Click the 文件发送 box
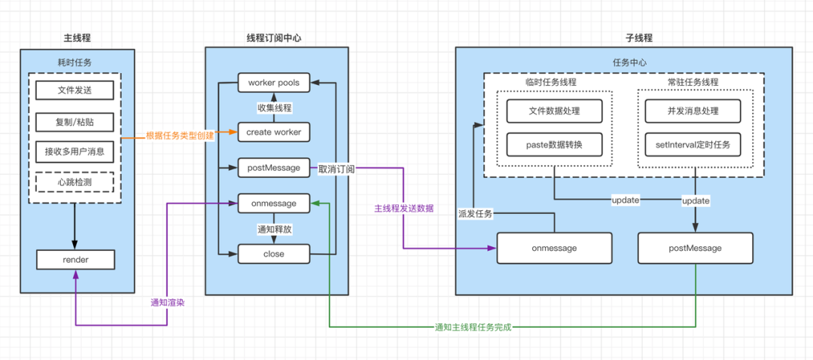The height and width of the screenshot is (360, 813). (x=75, y=91)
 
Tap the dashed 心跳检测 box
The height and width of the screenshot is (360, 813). (x=75, y=183)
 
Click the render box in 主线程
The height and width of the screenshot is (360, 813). (x=75, y=260)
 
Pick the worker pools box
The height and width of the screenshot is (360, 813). (x=273, y=81)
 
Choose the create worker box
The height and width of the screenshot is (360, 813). (x=273, y=132)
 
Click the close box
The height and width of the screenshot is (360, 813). (x=273, y=255)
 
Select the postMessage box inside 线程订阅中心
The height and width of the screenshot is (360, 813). (x=273, y=167)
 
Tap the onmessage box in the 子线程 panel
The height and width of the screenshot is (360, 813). (x=554, y=248)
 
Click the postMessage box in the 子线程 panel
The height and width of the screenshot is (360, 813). (x=695, y=248)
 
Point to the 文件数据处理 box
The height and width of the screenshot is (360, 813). (x=554, y=111)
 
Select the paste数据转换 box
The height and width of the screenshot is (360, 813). (x=554, y=143)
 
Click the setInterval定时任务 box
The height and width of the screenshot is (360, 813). (x=693, y=143)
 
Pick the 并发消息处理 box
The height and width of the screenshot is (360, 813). (x=693, y=111)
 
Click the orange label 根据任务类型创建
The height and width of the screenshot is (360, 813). (x=179, y=136)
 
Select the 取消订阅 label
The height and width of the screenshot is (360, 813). (x=336, y=169)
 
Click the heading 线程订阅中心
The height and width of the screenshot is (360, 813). (x=276, y=38)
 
